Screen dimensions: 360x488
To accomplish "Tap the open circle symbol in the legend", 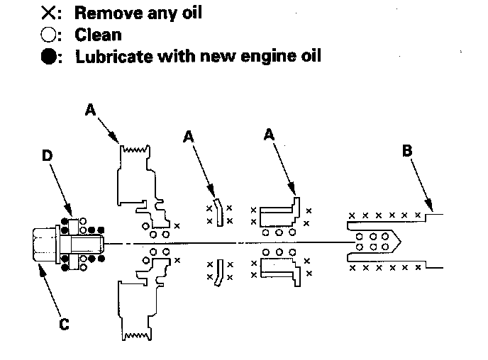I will [x=50, y=33].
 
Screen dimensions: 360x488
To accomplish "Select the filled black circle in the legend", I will [x=50, y=55].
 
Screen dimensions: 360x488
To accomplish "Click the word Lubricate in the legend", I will [x=111, y=55].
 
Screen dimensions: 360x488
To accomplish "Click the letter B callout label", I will [x=407, y=151].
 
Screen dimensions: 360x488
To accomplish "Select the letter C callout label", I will [x=64, y=324].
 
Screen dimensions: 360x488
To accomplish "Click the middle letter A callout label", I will [x=188, y=135].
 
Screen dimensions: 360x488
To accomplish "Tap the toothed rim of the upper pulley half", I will [x=135, y=148].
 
